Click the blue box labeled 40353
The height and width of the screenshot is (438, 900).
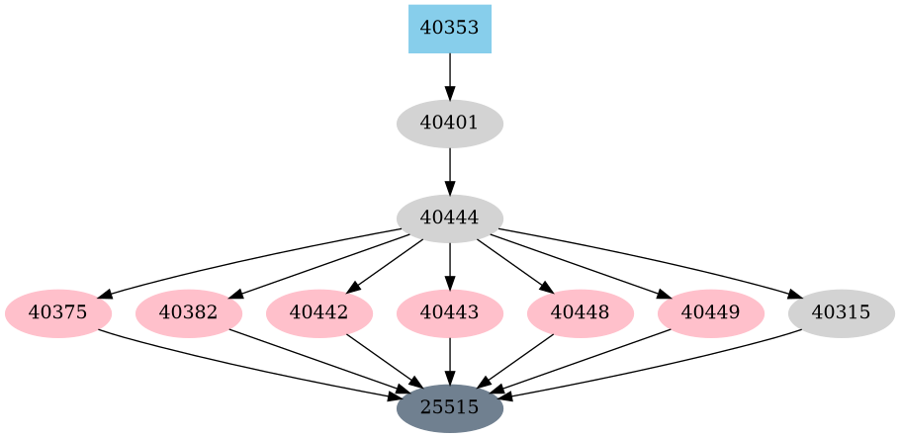[x=450, y=29]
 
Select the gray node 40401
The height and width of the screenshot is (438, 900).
[x=450, y=124]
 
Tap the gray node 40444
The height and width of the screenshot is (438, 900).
[x=450, y=219]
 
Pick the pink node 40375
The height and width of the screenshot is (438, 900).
[x=58, y=313]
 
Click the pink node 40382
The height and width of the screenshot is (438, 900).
[x=189, y=313]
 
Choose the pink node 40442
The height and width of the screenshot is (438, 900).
[x=319, y=313]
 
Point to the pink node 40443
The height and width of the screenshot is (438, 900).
[x=450, y=313]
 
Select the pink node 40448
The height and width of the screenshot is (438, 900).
[x=581, y=313]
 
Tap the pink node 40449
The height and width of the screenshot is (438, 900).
[x=711, y=313]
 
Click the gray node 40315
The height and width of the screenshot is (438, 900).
[x=842, y=313]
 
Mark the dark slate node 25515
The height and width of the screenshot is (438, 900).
[x=450, y=407]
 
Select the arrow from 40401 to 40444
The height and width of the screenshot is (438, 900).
[x=450, y=171]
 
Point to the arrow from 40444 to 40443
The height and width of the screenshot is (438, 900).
[x=450, y=266]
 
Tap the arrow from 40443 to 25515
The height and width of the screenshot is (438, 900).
[x=450, y=361]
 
